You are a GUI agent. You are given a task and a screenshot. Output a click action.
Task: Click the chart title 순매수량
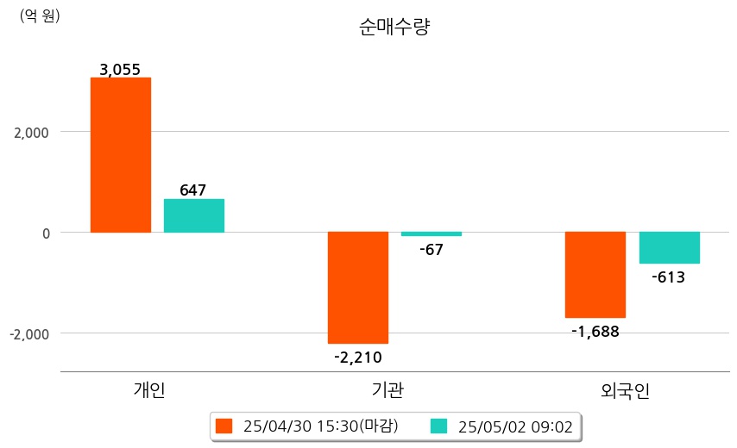(394, 27)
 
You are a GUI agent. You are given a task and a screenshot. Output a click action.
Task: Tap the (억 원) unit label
(40, 16)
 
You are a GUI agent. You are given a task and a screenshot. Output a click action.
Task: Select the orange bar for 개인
(121, 155)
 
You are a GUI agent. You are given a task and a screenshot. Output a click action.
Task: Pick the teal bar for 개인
(194, 215)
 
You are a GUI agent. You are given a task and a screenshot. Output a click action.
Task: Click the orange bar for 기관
(358, 288)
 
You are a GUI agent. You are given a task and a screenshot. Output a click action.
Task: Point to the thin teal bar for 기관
(431, 233)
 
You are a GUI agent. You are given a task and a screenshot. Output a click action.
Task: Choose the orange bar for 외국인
(595, 275)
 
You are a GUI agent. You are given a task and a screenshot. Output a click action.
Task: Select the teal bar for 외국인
(670, 247)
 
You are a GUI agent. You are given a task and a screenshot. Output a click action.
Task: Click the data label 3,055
(120, 70)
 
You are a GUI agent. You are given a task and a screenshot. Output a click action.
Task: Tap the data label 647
(192, 190)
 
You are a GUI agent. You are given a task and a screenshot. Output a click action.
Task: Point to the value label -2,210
(358, 358)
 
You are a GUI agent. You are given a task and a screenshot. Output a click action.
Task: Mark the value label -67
(431, 250)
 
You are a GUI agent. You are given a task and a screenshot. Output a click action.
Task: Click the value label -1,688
(595, 332)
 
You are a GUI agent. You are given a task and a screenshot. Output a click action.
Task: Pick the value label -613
(668, 277)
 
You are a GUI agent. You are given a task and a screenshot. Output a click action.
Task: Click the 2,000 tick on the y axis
(31, 133)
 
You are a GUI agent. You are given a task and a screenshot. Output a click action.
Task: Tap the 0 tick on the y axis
(46, 233)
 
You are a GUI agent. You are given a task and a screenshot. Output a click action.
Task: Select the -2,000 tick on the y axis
(29, 334)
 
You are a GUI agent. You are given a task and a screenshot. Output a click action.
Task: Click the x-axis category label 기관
(387, 389)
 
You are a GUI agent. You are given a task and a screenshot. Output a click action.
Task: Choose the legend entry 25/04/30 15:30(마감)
(307, 426)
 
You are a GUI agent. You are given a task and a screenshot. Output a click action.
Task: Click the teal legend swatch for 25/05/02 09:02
(438, 426)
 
